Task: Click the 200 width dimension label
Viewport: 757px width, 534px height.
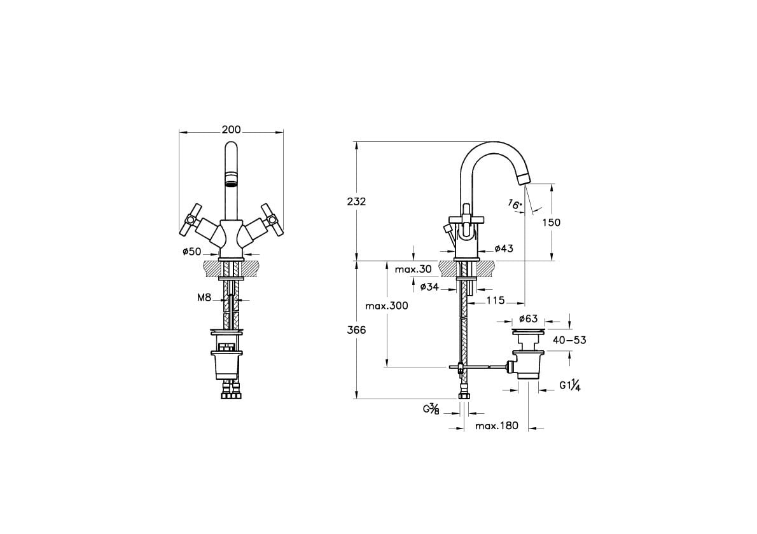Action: pos(232,130)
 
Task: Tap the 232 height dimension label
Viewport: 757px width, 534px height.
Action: pos(356,202)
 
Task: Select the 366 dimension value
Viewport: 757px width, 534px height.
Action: pos(356,331)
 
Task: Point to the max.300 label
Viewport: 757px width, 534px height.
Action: pos(387,306)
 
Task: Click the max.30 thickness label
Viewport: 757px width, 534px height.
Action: pos(413,269)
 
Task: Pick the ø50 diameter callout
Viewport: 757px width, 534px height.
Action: pos(191,251)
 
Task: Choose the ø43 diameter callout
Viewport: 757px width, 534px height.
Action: pos(504,249)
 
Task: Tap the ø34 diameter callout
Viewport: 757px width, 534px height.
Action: pos(429,287)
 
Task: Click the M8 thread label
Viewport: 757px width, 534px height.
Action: pos(205,298)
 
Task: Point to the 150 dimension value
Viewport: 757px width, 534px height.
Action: pos(552,222)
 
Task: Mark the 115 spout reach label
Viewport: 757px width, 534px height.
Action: pos(496,301)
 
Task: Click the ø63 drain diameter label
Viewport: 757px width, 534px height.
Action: pos(528,319)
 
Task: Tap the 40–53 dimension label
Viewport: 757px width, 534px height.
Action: pos(569,340)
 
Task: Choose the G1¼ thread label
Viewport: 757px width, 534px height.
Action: pos(570,385)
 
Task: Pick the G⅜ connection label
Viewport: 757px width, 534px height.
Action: pos(431,409)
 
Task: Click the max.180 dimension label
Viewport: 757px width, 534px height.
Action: pos(497,426)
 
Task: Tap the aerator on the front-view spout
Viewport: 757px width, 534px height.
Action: pos(232,179)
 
